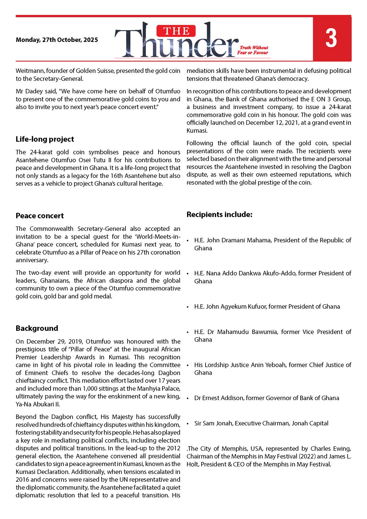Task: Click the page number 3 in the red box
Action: point(331,38)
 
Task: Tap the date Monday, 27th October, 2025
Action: point(57,40)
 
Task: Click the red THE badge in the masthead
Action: point(176,31)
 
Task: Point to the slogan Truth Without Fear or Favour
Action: point(253,50)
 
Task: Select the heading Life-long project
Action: point(45,139)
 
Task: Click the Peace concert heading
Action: point(40,216)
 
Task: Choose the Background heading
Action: point(37,328)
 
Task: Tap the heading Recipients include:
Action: point(219,214)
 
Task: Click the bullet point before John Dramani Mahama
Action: point(188,241)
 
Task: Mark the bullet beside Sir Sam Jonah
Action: point(188,424)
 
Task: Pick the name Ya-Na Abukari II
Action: point(38,404)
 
